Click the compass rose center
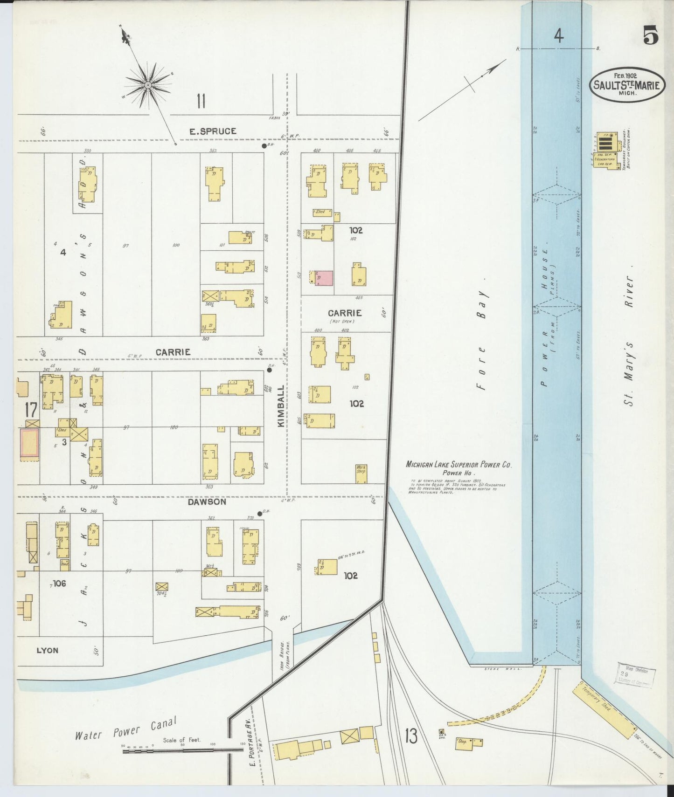(x=148, y=85)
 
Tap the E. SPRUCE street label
(x=213, y=131)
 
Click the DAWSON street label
(x=207, y=502)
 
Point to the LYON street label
(x=48, y=650)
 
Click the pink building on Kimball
(x=325, y=278)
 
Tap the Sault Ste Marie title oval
(x=626, y=84)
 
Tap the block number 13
(x=411, y=737)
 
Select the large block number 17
(x=31, y=410)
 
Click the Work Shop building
(x=361, y=474)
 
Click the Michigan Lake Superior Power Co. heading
(x=459, y=465)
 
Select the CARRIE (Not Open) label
(x=345, y=315)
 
